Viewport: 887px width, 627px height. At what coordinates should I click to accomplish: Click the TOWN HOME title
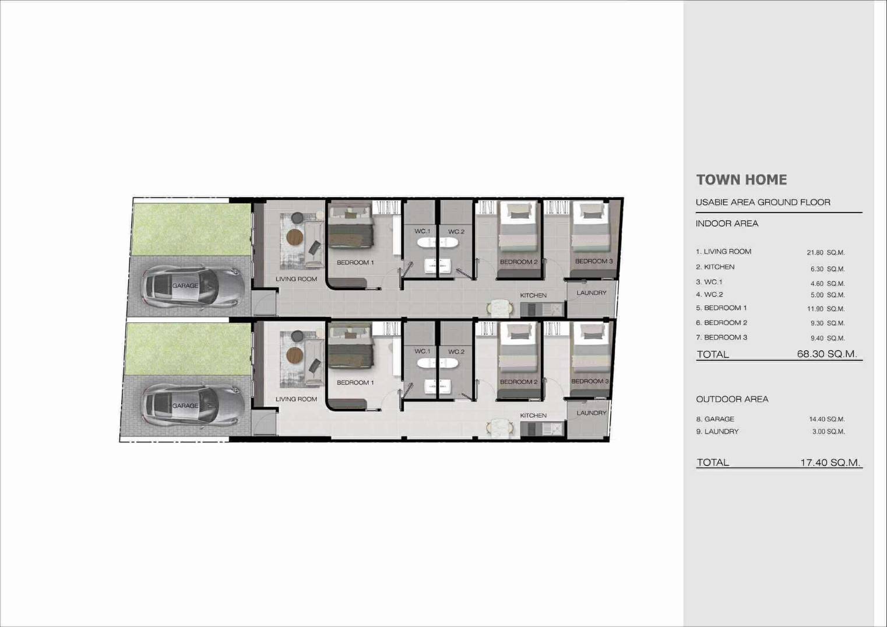741,180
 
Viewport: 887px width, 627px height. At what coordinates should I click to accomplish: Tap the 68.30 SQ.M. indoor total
826,354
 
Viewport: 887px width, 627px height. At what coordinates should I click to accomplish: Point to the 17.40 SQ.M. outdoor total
830,463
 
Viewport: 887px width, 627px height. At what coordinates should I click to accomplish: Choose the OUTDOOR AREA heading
732,399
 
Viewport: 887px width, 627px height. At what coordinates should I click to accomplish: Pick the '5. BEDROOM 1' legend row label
721,308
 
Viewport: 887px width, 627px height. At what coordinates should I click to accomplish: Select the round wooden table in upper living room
295,237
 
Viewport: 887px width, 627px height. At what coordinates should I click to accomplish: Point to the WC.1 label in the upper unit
423,231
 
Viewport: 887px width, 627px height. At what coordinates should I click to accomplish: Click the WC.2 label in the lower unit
456,352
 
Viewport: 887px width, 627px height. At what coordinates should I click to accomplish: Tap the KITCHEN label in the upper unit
533,295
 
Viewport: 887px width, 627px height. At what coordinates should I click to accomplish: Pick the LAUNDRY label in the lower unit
591,413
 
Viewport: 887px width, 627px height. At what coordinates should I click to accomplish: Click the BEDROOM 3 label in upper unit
594,261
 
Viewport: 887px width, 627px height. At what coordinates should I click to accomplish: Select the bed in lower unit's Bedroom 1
350,348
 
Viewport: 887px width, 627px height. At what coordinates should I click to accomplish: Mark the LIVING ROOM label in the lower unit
296,399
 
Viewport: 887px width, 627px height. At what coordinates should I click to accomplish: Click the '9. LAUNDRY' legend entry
717,432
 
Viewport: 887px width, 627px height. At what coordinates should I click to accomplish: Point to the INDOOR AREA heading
727,224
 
